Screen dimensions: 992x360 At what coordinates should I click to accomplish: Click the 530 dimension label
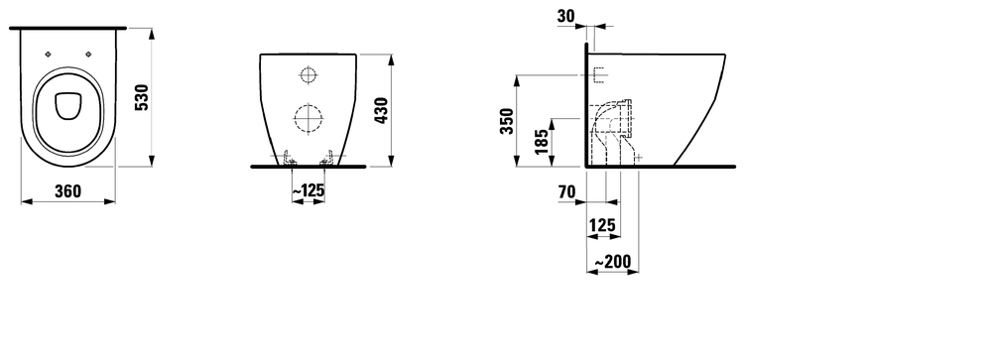pyautogui.click(x=142, y=97)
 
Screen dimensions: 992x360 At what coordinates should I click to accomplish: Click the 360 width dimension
pyautogui.click(x=67, y=191)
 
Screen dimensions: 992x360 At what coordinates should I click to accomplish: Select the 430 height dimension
pyautogui.click(x=382, y=110)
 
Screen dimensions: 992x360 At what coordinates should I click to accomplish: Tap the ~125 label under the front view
pyautogui.click(x=309, y=189)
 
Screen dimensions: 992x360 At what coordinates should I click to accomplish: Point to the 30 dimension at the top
pyautogui.click(x=566, y=17)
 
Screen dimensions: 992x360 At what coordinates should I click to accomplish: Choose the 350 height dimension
pyautogui.click(x=507, y=121)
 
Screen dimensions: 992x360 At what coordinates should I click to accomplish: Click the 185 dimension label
pyautogui.click(x=541, y=143)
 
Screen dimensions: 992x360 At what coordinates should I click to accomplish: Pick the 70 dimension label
pyautogui.click(x=567, y=192)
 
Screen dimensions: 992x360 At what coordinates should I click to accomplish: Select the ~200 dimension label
pyautogui.click(x=613, y=262)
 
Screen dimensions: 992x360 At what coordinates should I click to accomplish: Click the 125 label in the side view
pyautogui.click(x=602, y=225)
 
